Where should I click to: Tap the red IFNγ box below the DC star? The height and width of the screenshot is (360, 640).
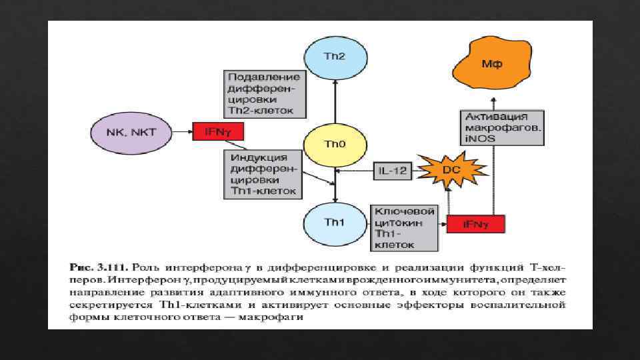click(x=475, y=225)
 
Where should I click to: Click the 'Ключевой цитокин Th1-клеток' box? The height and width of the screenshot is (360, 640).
click(x=405, y=227)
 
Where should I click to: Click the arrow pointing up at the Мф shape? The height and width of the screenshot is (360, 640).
click(x=494, y=101)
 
